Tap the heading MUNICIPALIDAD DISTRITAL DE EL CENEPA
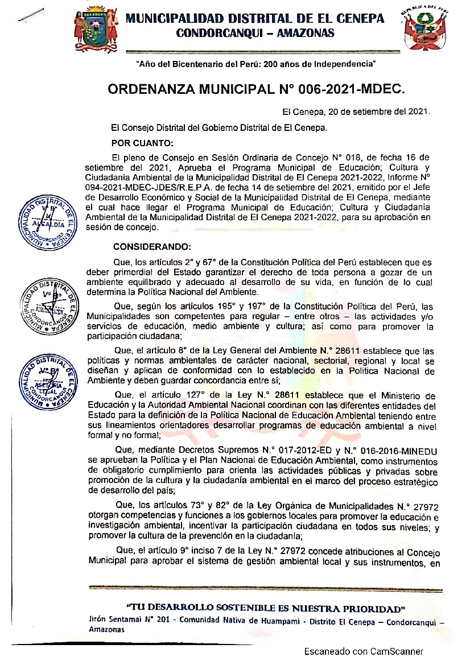coord(254,18)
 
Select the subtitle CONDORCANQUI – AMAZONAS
coord(255,33)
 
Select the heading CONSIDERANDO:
coord(152,246)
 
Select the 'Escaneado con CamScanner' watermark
coord(363,651)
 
